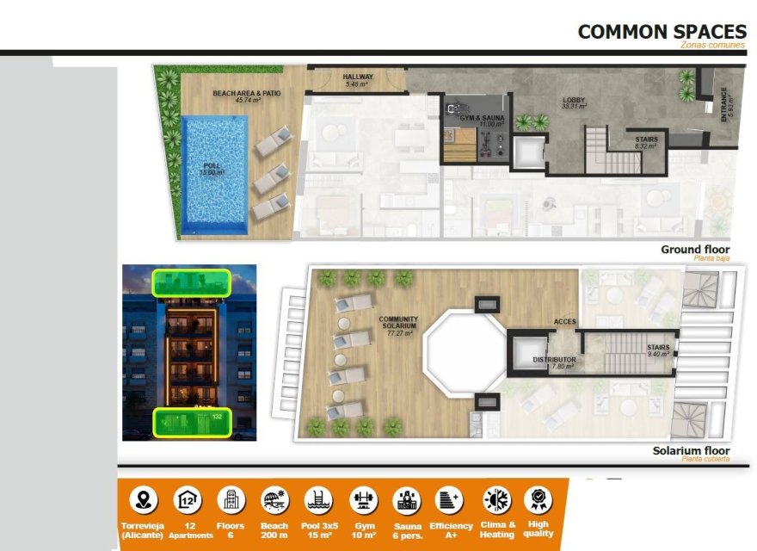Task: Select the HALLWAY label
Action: tap(357, 79)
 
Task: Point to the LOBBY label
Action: tap(574, 102)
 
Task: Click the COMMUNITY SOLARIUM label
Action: tap(397, 325)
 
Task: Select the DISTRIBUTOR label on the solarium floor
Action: tap(554, 362)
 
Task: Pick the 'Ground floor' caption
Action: tap(694, 251)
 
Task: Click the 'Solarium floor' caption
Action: tap(691, 451)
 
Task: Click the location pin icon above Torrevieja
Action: tap(143, 499)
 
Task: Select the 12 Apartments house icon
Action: tap(187, 499)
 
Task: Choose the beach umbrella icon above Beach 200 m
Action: tap(274, 499)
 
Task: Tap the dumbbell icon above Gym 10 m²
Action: tap(363, 499)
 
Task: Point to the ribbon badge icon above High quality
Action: tap(539, 499)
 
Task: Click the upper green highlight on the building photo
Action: tap(190, 282)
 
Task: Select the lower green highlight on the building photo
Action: tap(192, 423)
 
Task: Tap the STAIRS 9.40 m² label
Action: tap(659, 350)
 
